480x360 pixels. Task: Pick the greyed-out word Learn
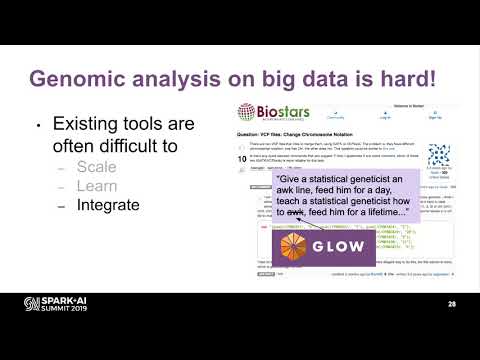(99, 187)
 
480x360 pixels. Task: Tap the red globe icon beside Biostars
(245, 112)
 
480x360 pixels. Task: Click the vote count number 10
(243, 158)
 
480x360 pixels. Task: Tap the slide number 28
(453, 304)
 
